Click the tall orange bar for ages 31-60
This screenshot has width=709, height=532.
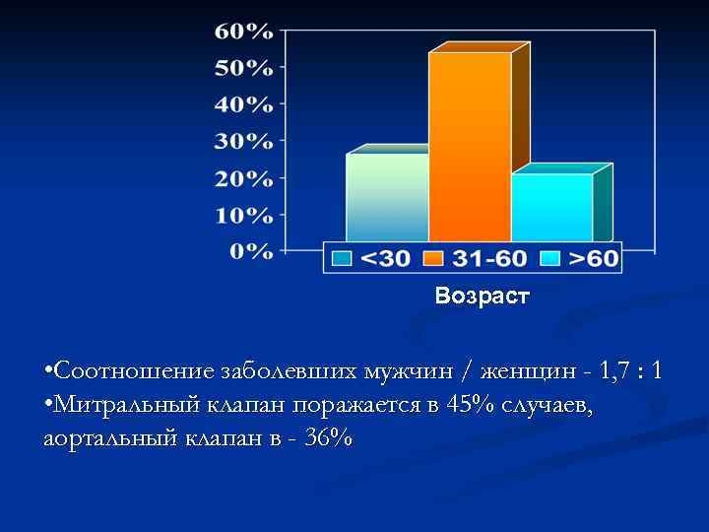click(470, 148)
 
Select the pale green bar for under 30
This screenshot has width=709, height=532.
click(387, 197)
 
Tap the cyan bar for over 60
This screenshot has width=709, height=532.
click(551, 207)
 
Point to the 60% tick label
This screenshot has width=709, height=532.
click(243, 31)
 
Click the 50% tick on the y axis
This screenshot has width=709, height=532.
click(243, 67)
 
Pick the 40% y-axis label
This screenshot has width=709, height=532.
click(243, 103)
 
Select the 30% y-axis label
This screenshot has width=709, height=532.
click(243, 141)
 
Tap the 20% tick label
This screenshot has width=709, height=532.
click(243, 178)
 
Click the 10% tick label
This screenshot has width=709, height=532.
click(243, 214)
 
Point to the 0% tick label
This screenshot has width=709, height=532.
click(250, 251)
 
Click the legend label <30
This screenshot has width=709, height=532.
click(385, 259)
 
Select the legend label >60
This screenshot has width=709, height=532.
click(593, 259)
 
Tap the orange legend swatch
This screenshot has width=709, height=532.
click(433, 259)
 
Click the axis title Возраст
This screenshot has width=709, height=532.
click(482, 296)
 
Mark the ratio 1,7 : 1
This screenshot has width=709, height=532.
click(630, 371)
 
